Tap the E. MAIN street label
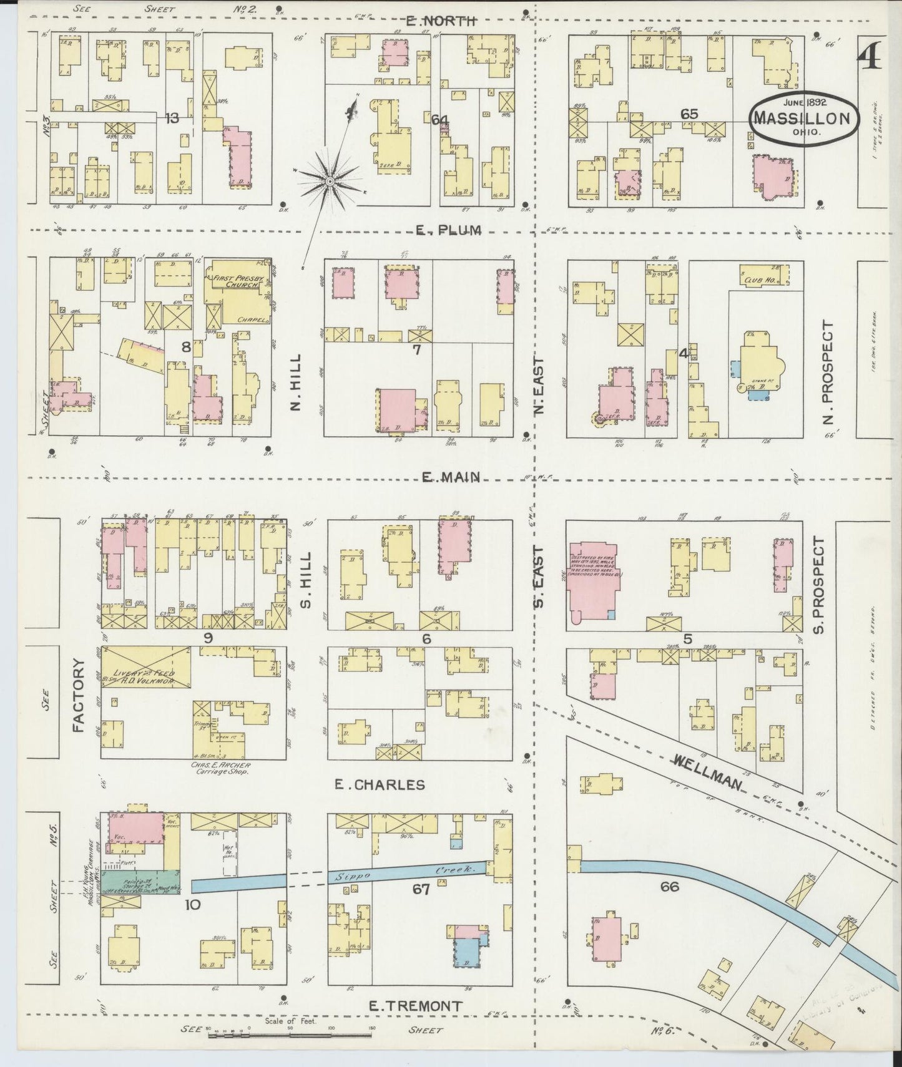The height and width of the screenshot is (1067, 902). [x=451, y=477]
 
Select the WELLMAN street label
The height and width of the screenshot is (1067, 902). [x=707, y=770]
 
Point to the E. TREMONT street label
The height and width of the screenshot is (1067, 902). [x=415, y=1006]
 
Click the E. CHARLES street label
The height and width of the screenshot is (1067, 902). [x=380, y=784]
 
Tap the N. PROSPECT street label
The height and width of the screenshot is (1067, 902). [x=828, y=372]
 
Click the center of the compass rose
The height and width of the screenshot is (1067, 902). [x=329, y=181]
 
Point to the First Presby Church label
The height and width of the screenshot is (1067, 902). [x=238, y=283]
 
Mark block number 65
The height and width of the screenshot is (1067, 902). [x=689, y=114]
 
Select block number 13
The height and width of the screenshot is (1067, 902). [x=172, y=118]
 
